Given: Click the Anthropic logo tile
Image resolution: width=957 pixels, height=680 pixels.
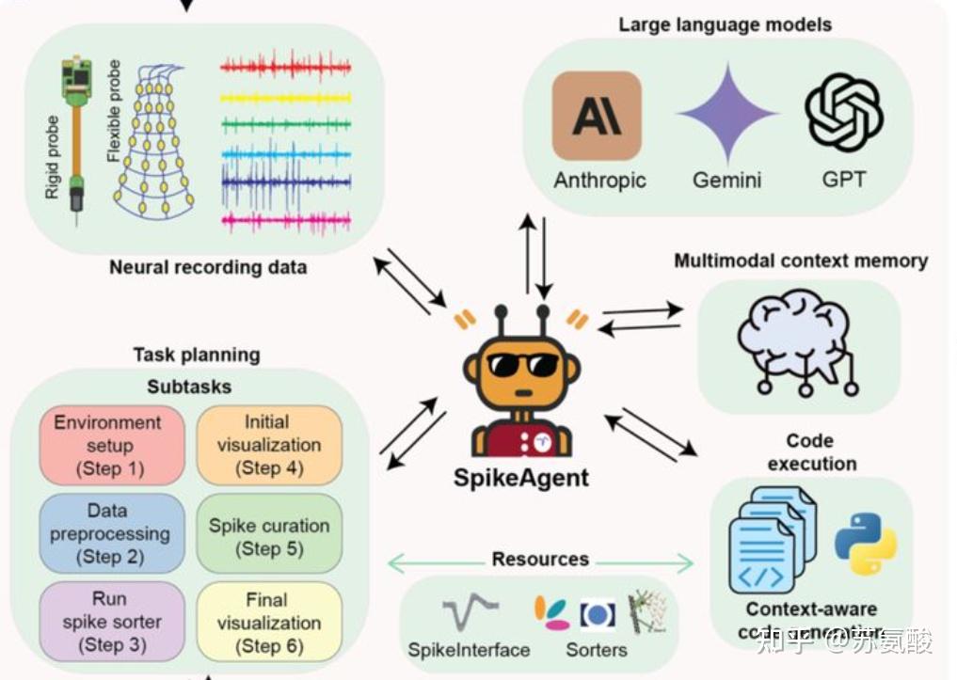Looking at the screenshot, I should (x=597, y=116).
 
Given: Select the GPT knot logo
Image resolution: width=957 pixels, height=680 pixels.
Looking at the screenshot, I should (x=843, y=113).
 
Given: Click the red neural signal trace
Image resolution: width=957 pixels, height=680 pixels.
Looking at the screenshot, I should (x=285, y=68).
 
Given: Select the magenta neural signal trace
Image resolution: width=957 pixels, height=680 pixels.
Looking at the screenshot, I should (x=285, y=221).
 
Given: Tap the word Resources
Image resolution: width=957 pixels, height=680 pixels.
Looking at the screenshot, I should (x=540, y=560).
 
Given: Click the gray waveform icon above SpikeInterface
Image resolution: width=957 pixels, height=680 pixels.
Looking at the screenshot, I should (x=468, y=614).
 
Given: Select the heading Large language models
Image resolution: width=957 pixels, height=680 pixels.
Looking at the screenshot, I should (x=725, y=24).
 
